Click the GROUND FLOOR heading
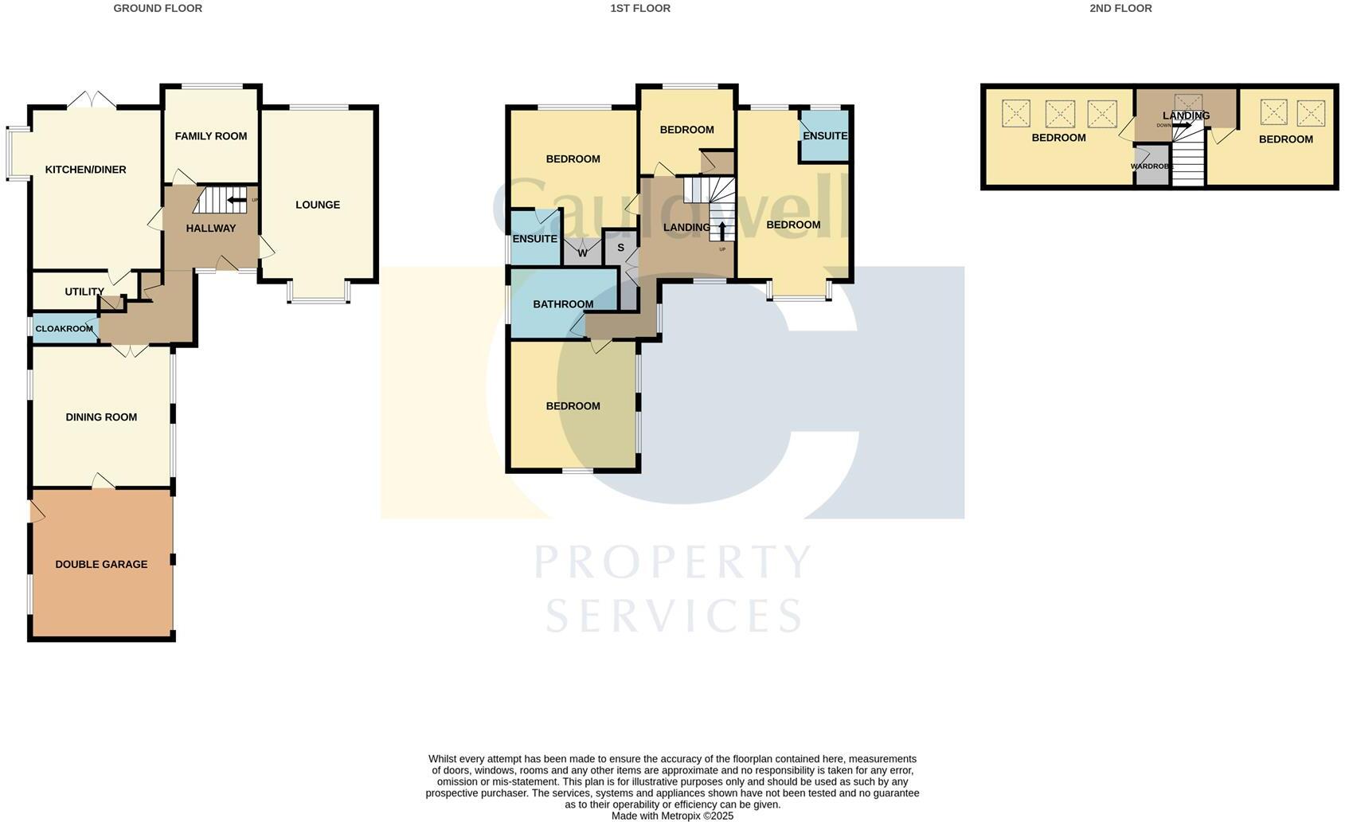[158, 8]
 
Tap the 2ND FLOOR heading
[1120, 8]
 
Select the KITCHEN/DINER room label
[85, 170]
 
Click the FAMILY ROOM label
[211, 136]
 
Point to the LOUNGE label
[318, 205]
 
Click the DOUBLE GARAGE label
[101, 564]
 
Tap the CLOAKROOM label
[65, 329]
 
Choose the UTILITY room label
[84, 292]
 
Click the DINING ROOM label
[101, 417]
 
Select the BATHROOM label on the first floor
[563, 304]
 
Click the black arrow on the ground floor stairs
[237, 200]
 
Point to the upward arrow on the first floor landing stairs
[721, 230]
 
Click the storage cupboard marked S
[621, 248]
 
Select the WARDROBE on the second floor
[1151, 166]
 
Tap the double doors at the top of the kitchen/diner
[92, 100]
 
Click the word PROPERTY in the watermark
[673, 562]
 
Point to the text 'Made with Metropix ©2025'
[672, 816]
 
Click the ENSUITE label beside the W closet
[535, 238]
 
